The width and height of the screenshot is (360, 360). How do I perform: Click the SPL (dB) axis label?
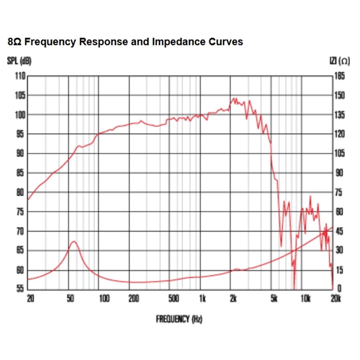pos(19,62)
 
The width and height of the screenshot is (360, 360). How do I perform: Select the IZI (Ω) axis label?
pos(339,62)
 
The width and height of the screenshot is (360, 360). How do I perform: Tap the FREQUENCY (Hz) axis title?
pos(179,319)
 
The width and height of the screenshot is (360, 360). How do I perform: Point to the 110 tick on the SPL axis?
pos(20,76)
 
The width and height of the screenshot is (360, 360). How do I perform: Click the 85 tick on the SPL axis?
pos(20,173)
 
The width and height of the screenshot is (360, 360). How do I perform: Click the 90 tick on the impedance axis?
pos(339,173)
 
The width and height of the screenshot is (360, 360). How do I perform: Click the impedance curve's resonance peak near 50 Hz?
pos(73,242)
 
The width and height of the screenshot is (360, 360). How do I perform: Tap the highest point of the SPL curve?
pos(234,98)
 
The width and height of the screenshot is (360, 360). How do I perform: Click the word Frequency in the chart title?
pos(50,42)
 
